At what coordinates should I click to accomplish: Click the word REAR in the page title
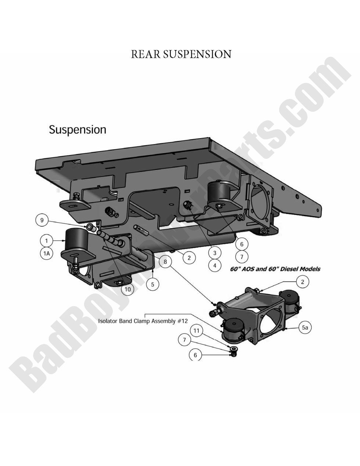146,54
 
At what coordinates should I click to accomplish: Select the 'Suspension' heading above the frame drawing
78,130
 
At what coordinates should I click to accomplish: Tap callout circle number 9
42,220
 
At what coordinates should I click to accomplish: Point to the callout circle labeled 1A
47,253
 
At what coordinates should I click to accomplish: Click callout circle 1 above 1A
47,241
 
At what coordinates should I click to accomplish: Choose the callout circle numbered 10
127,289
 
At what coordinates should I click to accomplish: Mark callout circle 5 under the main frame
152,283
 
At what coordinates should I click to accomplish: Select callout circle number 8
165,262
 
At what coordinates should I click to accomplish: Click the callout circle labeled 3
215,252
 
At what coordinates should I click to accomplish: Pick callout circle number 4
215,265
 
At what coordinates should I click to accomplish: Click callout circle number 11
196,331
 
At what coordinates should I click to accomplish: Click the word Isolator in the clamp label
109,321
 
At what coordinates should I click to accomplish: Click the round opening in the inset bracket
272,318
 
